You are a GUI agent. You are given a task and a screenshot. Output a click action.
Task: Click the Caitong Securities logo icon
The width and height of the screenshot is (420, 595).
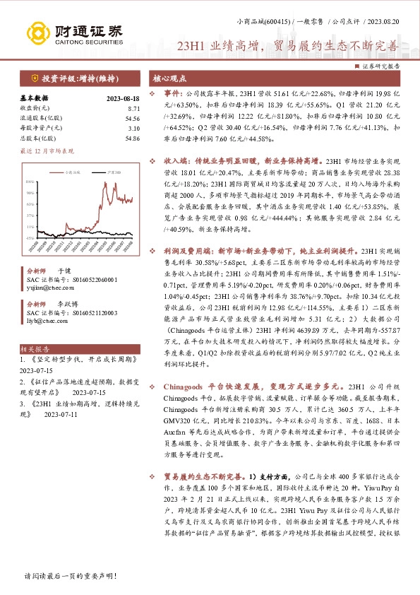pyautogui.click(x=38, y=32)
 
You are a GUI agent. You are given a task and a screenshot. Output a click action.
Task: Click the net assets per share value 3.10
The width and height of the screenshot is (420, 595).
pyautogui.click(x=133, y=128)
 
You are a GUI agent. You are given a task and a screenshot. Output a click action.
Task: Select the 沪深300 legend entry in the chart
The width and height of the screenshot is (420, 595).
pyautogui.click(x=95, y=172)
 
